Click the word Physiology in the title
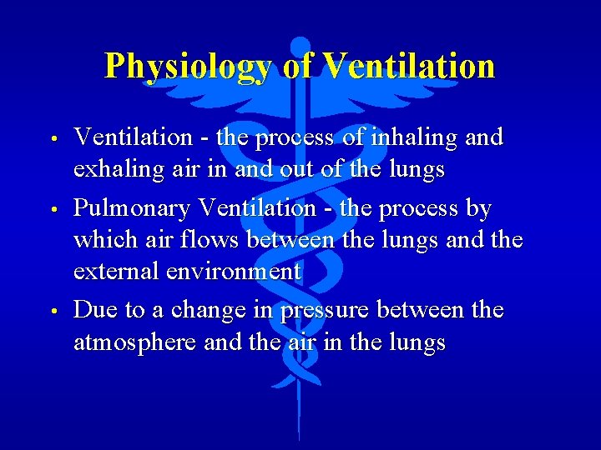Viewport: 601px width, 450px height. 189,66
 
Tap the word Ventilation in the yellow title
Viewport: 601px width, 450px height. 408,65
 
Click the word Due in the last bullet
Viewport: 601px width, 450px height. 95,310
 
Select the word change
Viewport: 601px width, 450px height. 218,311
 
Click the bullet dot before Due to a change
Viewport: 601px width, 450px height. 52,311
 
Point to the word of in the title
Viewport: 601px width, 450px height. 297,65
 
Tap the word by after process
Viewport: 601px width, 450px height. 480,207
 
